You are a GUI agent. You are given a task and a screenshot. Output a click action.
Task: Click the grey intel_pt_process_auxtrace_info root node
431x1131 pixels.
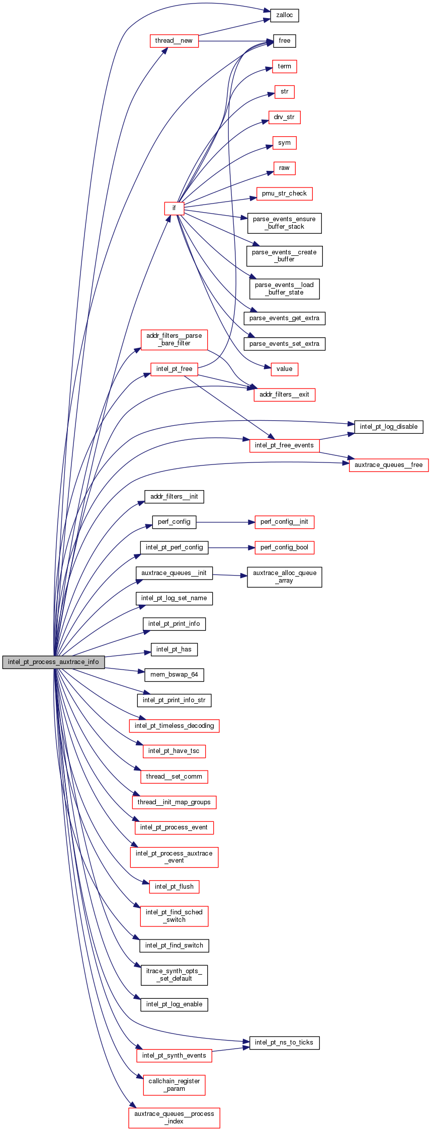pos(53,662)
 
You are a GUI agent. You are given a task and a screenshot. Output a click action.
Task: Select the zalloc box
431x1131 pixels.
pos(285,15)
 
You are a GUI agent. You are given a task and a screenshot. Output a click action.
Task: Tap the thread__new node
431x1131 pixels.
pos(174,41)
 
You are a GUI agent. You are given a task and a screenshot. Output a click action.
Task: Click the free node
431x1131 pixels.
pos(285,41)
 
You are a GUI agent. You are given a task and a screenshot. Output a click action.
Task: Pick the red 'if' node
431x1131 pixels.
pos(174,208)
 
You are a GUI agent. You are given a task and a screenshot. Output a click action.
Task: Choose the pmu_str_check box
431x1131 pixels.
pos(284,194)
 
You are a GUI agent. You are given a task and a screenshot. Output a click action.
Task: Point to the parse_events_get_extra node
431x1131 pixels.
pos(284,318)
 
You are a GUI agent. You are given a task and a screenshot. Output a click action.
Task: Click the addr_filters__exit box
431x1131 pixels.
pos(284,395)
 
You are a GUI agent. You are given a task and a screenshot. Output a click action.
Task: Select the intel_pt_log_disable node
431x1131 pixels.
pos(389,427)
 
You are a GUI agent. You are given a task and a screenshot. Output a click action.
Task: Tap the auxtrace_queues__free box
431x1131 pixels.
pos(389,465)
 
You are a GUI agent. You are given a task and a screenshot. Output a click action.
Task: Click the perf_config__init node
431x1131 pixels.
pos(284,522)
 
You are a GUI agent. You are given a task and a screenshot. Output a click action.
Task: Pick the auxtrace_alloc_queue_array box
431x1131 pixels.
pos(285,577)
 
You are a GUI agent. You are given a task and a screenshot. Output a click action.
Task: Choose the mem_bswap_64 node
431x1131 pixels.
pos(174,675)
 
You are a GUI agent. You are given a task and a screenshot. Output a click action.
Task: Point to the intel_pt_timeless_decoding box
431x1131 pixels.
pos(174,726)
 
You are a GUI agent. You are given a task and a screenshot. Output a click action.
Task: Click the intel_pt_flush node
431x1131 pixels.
pos(174,887)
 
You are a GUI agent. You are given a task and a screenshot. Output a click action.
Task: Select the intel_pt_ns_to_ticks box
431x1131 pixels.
pos(284,1043)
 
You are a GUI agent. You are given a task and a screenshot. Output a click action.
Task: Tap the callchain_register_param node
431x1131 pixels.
pos(174,1085)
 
